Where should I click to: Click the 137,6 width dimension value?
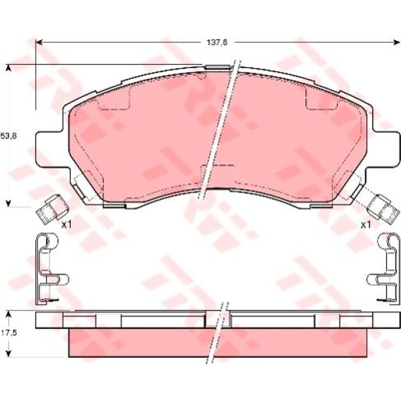[217, 43]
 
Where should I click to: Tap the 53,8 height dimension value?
[9, 136]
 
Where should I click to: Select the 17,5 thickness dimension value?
[9, 333]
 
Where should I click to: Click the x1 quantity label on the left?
[67, 225]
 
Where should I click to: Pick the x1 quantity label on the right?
[366, 225]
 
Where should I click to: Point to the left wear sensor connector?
[52, 209]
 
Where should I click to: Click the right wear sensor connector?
[382, 209]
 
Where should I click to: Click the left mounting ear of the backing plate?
[52, 149]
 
